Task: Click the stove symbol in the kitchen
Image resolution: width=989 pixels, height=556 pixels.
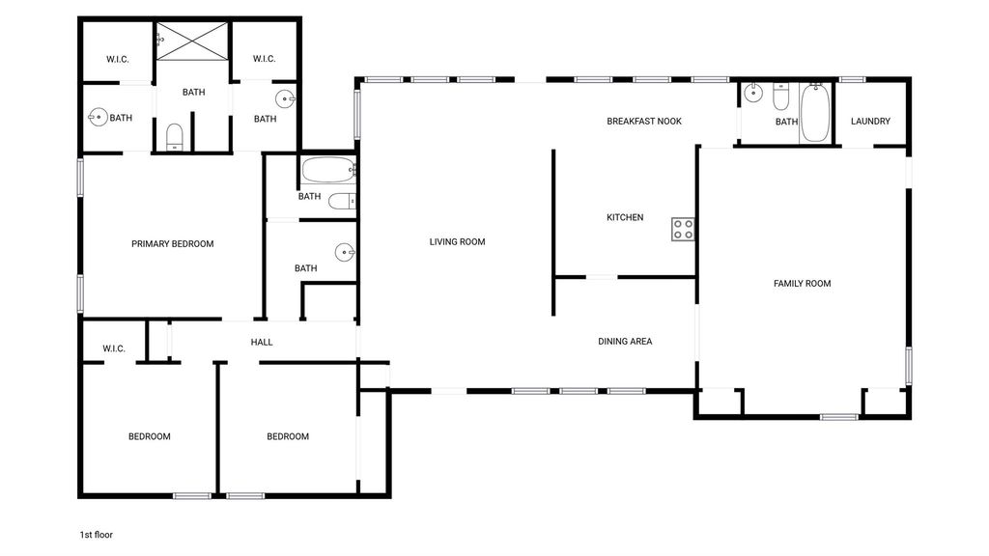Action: [x=683, y=230]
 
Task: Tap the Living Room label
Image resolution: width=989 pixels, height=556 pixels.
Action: [x=457, y=241]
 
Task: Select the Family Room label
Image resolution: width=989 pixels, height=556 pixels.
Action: [x=803, y=284]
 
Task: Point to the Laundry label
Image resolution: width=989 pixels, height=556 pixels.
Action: [x=870, y=121]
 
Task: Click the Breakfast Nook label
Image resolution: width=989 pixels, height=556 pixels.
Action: [x=644, y=121]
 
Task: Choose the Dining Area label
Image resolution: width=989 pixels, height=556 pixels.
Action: [x=625, y=342]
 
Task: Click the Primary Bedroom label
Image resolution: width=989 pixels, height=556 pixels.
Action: [x=172, y=244]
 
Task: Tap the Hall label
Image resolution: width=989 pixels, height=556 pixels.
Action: [x=262, y=343]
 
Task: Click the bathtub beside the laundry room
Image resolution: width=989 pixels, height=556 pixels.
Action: [x=815, y=113]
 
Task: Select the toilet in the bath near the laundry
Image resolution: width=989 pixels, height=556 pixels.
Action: [x=780, y=97]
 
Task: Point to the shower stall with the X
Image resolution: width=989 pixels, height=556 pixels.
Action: [x=192, y=42]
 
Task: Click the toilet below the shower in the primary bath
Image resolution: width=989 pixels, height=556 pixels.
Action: [x=175, y=137]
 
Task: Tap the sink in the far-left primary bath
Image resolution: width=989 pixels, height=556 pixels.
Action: [x=98, y=117]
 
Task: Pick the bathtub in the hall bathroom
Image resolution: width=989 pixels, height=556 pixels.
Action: [x=328, y=170]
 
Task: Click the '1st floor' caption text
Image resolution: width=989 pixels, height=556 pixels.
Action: [x=96, y=535]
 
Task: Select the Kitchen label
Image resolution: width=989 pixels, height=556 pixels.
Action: [x=625, y=217]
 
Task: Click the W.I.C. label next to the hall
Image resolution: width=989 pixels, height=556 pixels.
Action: [x=114, y=348]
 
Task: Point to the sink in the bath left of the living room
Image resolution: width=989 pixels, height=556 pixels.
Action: [x=345, y=252]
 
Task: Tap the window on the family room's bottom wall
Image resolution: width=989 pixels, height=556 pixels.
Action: [x=839, y=417]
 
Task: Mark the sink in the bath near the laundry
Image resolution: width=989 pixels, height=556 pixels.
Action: [x=753, y=93]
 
